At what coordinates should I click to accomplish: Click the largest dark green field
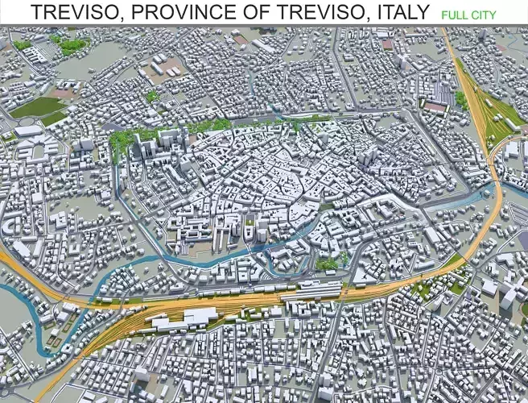(36, 106)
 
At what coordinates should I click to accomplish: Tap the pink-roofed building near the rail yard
(435, 106)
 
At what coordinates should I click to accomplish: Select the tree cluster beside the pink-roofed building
(460, 99)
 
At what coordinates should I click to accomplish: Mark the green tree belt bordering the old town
(209, 126)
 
